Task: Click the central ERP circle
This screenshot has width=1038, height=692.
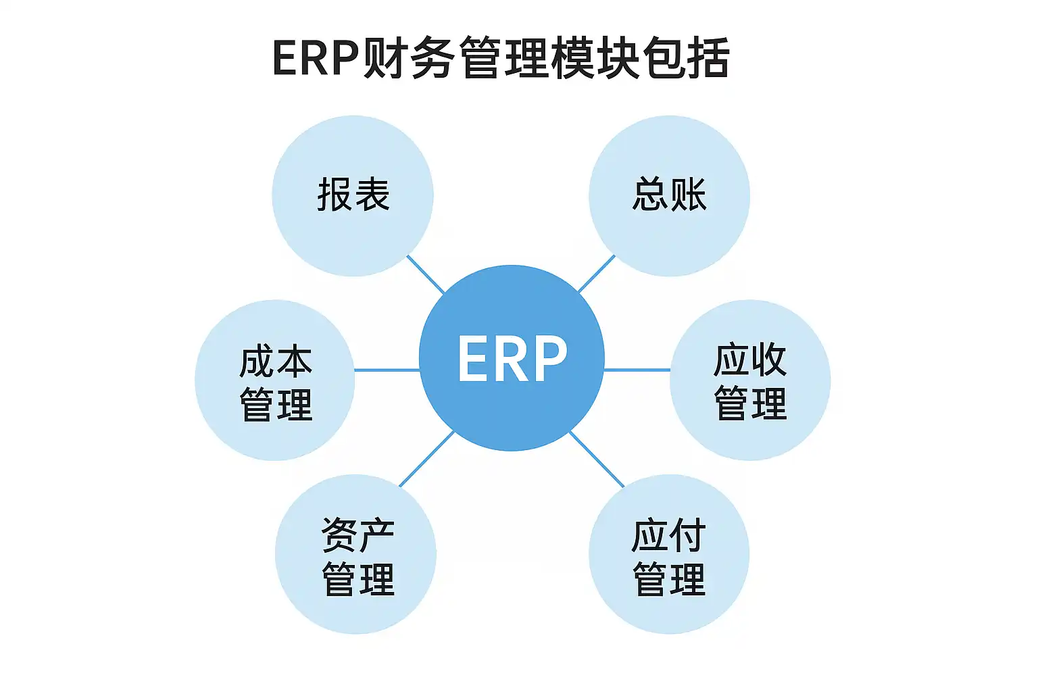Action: coord(512,357)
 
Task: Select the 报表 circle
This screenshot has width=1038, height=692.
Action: coord(353,196)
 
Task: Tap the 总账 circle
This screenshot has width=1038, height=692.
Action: coord(669,196)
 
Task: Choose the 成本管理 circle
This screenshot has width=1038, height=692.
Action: coord(275,380)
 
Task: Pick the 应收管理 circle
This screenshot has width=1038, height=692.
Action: coord(750,380)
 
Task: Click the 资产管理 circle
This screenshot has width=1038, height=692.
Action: coord(356,554)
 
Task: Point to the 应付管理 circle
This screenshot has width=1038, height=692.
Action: coord(669,554)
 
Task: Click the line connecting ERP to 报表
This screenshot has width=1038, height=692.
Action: coord(426,275)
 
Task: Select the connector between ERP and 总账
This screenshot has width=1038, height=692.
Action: coord(596,274)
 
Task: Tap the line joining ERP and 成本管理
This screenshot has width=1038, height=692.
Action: coord(387,370)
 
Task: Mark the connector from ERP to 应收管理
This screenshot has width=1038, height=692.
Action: coord(637,370)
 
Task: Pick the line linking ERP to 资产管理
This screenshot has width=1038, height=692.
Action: coord(426,459)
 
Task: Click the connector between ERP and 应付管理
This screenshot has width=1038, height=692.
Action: coord(597,459)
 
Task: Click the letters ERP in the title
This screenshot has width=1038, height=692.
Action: coord(315,59)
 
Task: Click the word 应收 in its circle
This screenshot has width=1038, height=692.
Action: coord(750,360)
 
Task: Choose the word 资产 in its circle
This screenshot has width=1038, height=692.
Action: coord(357,535)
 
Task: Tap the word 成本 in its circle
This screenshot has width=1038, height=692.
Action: coord(276,361)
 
